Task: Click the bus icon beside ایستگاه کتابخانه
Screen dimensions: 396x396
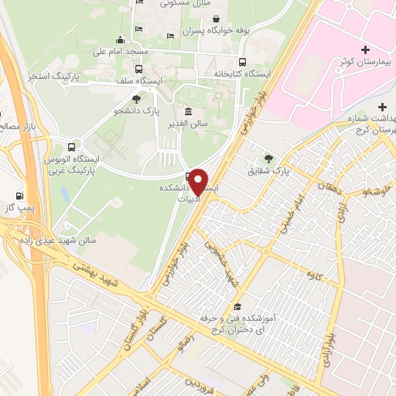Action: coord(243,63)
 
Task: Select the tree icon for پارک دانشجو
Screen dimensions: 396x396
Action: coord(137,99)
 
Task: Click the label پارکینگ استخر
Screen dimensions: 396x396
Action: coord(56,76)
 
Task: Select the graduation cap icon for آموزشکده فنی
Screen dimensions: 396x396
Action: coord(235,308)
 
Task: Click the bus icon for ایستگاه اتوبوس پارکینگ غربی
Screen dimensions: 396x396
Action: coord(72,146)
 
